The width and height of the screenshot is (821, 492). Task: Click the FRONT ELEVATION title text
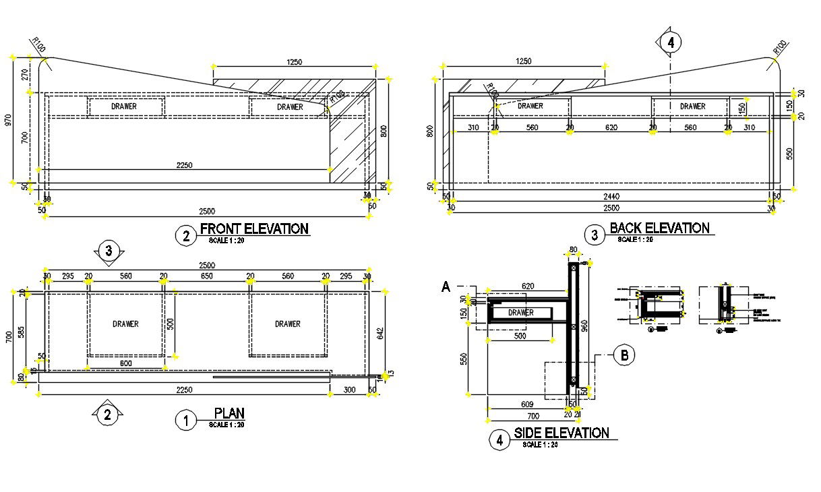(254, 228)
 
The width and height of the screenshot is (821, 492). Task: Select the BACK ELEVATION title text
(659, 228)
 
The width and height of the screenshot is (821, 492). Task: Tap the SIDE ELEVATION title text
(561, 433)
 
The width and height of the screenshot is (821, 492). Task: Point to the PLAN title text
(229, 412)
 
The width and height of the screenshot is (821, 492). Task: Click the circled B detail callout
(624, 355)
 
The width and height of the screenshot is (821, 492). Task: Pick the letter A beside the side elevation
(445, 287)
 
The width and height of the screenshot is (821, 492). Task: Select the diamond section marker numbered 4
(670, 42)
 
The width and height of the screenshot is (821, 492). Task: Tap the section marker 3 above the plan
(109, 251)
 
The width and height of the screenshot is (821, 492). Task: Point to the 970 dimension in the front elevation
(8, 120)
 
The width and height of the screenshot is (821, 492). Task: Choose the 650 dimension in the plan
(206, 276)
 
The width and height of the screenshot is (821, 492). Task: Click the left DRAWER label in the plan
(125, 324)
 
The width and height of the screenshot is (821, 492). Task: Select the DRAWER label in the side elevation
(521, 313)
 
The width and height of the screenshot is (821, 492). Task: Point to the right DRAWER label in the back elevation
(692, 106)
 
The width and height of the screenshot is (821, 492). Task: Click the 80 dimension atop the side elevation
(574, 251)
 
